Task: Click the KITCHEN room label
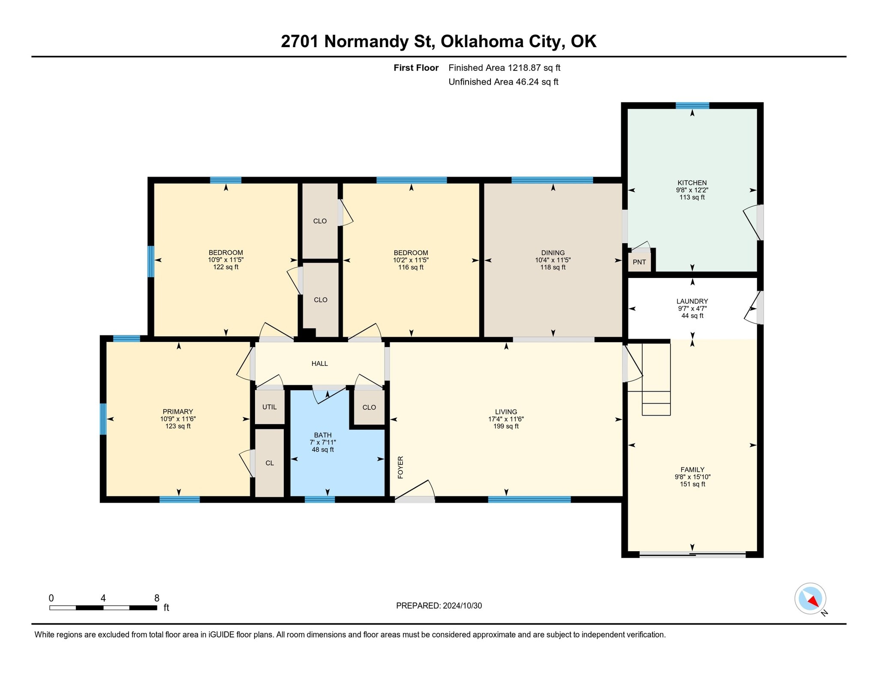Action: coord(692,183)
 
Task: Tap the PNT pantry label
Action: coord(639,262)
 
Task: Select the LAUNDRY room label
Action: coord(692,301)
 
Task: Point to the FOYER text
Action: coord(400,467)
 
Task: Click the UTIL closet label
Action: coord(269,407)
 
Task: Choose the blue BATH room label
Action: coord(322,435)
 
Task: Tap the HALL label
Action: coord(319,364)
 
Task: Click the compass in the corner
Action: coord(811,599)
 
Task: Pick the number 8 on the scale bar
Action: coord(157,598)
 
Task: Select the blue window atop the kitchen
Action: coord(692,106)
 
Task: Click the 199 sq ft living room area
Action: coord(506,426)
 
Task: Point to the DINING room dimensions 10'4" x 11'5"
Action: coord(553,260)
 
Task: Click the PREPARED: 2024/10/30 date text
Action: coord(439,606)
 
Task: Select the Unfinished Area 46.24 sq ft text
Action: coord(503,82)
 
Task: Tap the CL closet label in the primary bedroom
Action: coord(270,463)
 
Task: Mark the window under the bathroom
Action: coord(319,499)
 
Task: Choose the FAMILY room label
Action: coord(692,470)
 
